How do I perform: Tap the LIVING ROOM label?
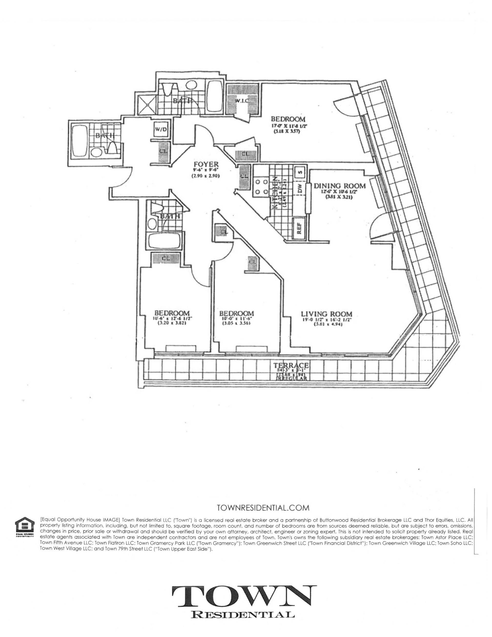(x=326, y=314)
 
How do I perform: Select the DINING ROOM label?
(x=340, y=186)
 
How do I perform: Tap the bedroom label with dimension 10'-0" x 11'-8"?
(x=237, y=313)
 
